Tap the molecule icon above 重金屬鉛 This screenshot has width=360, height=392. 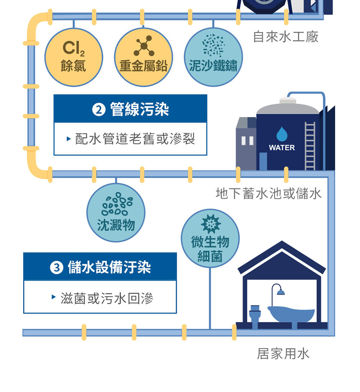pos(144,46)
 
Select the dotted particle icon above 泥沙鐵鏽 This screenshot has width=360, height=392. pos(213,46)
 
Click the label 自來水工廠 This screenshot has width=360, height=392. pos(285,36)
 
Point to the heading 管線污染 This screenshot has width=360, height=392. pos(140,109)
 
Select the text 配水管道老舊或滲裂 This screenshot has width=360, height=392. pos(135,139)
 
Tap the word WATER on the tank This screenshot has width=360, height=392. pos(282,148)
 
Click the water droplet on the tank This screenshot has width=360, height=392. pos(282,134)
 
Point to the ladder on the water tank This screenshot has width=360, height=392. pos(310,146)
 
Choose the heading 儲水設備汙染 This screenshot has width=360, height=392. pos(109,267)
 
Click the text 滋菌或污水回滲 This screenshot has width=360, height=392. pos(107,298)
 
